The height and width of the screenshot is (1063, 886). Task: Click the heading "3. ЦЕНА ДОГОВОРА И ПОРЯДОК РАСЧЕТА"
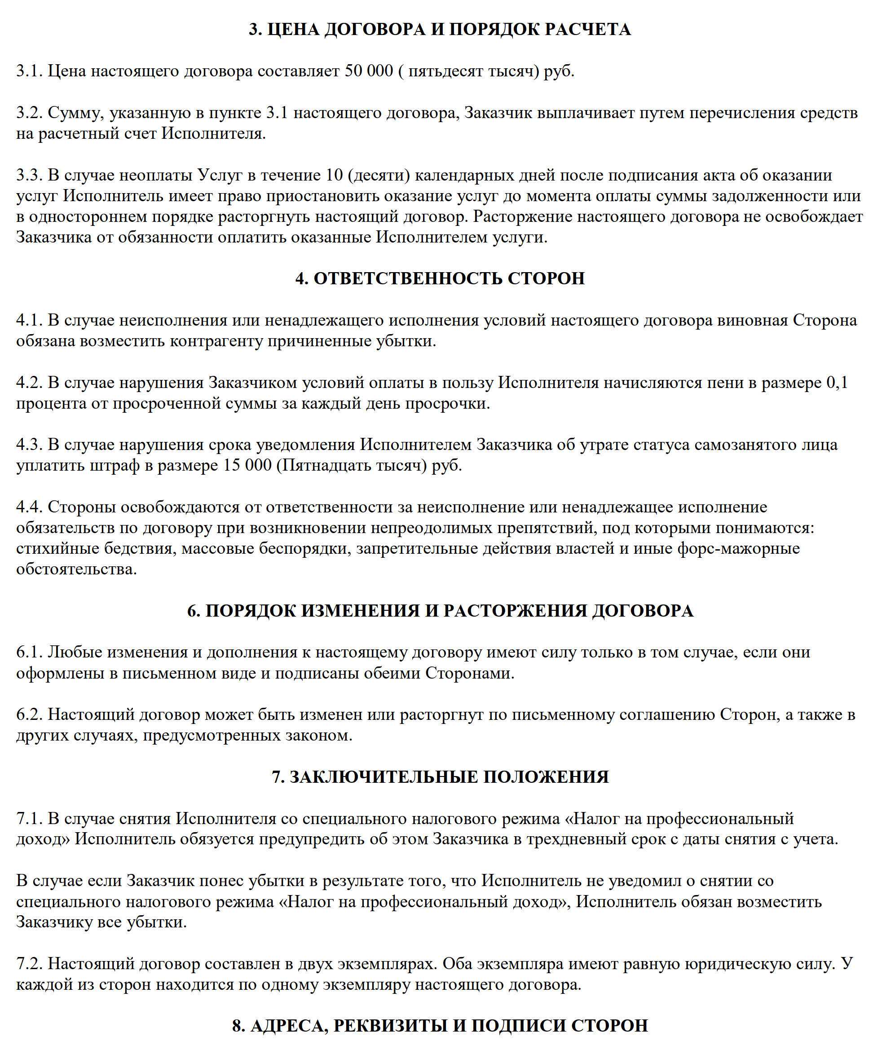(x=440, y=29)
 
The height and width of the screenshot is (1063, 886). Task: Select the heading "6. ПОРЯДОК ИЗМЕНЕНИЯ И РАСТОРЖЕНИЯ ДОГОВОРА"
(x=440, y=611)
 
